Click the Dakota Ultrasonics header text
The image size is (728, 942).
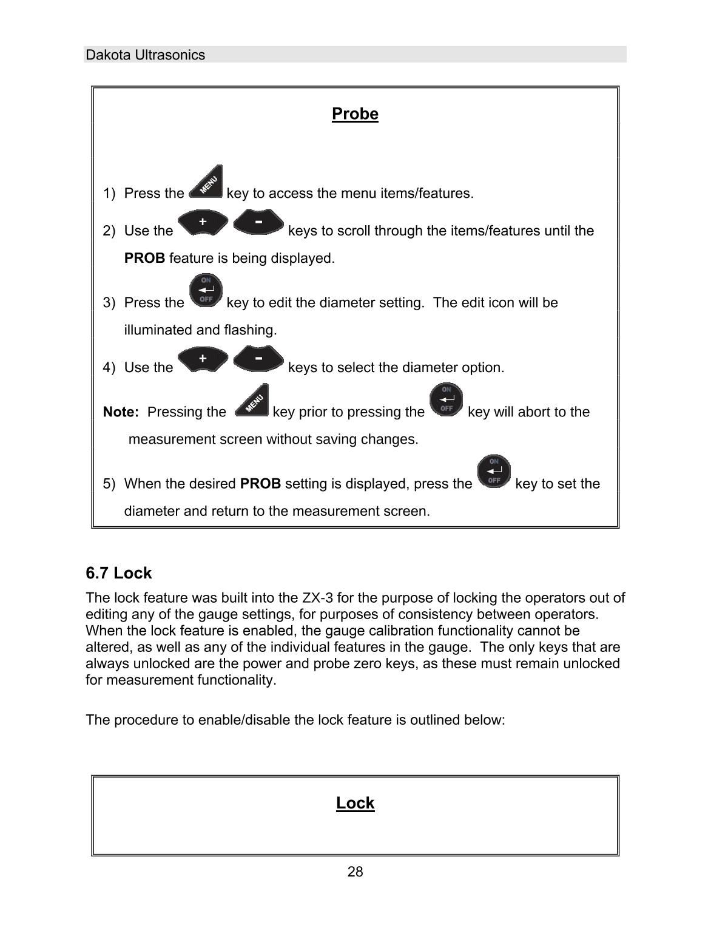(145, 55)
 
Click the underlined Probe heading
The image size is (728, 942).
(355, 114)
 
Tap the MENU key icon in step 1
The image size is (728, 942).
(206, 183)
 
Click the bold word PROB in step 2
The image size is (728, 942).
(144, 258)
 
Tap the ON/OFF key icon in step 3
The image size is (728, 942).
(206, 290)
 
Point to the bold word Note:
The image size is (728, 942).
(121, 412)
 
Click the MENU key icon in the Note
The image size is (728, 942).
(251, 401)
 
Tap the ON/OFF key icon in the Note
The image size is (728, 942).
(446, 399)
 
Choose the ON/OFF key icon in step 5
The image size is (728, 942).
(494, 472)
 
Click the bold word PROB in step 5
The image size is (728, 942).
(260, 484)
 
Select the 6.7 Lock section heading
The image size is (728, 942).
(119, 573)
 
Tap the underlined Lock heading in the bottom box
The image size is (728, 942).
(355, 803)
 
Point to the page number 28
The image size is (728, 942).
(355, 872)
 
